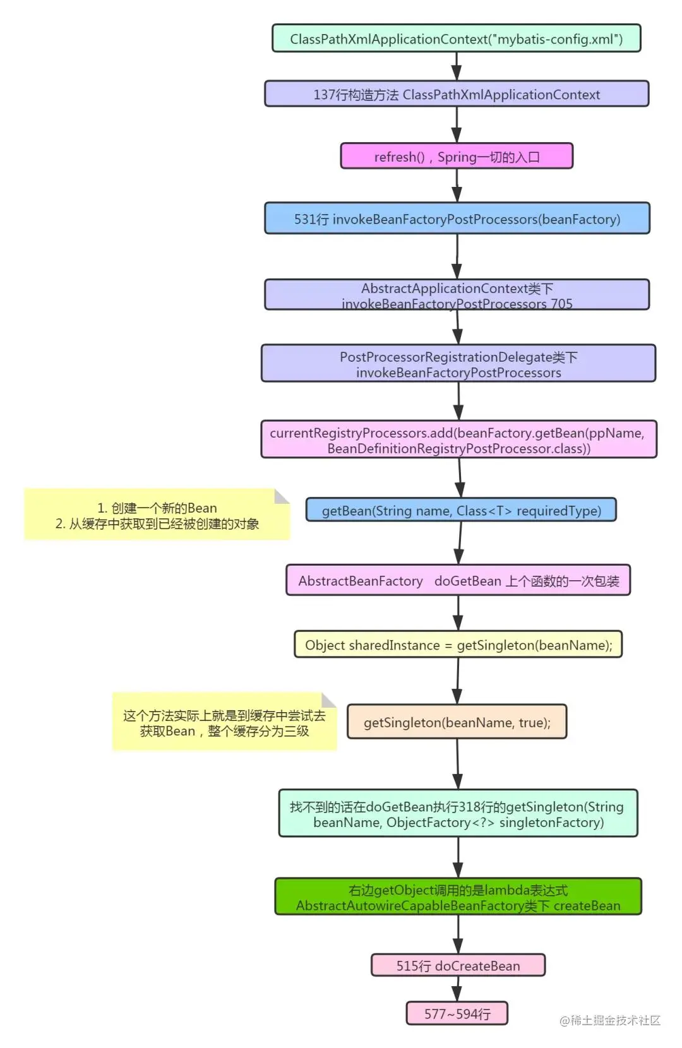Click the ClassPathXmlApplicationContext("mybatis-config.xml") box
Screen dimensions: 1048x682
tap(456, 39)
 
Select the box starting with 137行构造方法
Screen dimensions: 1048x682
tap(456, 94)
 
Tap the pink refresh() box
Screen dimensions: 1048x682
tap(456, 157)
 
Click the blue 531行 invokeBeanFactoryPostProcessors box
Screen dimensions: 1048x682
tap(456, 218)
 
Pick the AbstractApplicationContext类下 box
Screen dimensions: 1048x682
tap(456, 295)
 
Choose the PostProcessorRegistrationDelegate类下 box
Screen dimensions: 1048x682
tap(458, 364)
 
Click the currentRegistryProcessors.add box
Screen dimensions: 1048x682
tap(458, 439)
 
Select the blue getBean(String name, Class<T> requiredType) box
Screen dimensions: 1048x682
tap(461, 510)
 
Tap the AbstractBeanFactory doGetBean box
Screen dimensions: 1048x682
tap(458, 581)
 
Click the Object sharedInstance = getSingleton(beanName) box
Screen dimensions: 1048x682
tap(458, 645)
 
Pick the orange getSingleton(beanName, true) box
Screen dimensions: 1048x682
tap(457, 722)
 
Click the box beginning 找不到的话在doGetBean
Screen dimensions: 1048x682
tap(458, 814)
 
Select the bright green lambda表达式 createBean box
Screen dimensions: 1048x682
tap(458, 897)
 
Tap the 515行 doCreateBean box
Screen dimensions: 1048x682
tap(458, 965)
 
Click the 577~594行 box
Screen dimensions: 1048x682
tap(457, 1013)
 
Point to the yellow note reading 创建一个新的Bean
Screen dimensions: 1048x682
tap(157, 515)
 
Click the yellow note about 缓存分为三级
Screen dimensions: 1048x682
tap(224, 723)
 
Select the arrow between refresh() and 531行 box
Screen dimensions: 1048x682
tap(457, 186)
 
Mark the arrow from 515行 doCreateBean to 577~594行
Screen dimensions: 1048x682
tap(457, 989)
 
